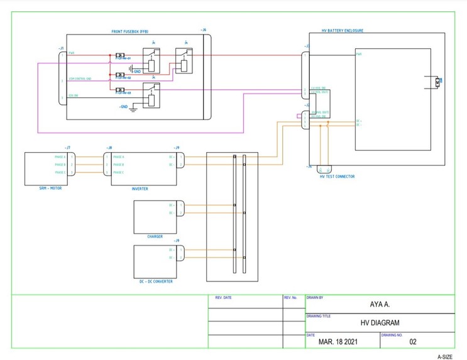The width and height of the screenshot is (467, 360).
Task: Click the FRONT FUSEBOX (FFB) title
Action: [x=130, y=31]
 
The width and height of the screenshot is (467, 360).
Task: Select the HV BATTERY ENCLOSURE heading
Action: [x=343, y=31]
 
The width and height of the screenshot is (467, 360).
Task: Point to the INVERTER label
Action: [x=140, y=188]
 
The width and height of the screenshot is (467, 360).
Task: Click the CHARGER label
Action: [x=155, y=237]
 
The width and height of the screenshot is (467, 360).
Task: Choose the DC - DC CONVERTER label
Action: [x=156, y=281]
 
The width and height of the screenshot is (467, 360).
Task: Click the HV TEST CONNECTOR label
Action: [x=337, y=177]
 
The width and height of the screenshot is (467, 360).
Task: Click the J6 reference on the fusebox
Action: [x=203, y=30]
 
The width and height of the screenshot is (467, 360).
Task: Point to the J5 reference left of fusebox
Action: [x=60, y=48]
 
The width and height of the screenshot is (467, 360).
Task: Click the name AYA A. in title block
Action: [x=380, y=305]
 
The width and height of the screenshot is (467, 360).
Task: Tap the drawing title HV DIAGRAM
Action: [x=380, y=323]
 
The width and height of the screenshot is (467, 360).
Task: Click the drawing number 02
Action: [x=413, y=342]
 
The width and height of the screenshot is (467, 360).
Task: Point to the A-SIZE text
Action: [x=444, y=356]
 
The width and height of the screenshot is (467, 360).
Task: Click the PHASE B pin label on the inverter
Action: [x=119, y=165]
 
